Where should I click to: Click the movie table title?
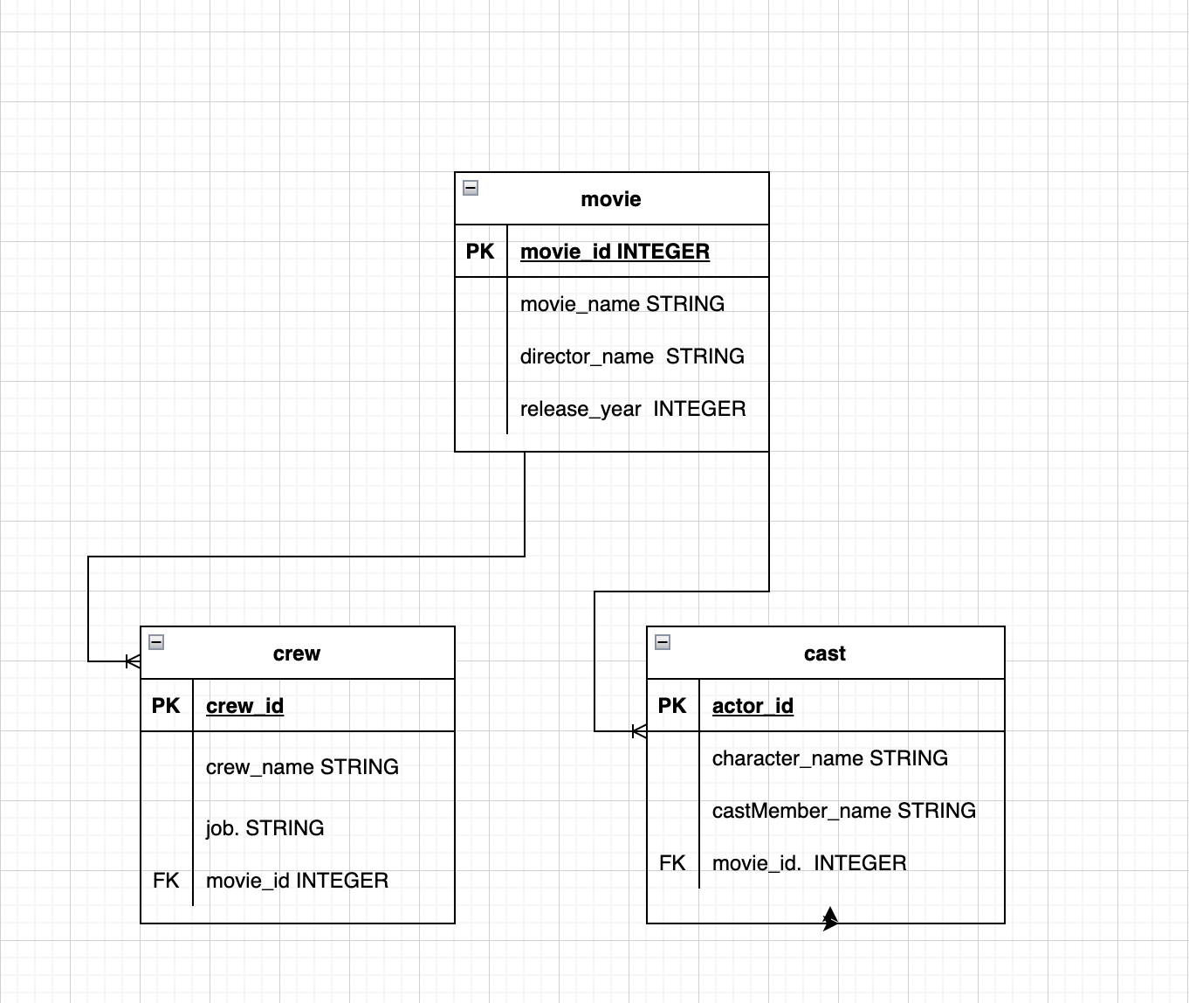610,199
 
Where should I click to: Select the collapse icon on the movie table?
471,188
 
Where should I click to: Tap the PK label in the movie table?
480,252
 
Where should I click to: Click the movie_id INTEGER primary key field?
615,252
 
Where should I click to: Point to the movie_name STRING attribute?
622,304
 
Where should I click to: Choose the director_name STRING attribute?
632,356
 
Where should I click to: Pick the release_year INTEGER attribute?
633,409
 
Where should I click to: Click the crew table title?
296,654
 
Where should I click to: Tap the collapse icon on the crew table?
156,642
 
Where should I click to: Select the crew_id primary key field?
244,706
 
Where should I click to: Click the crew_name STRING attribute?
302,767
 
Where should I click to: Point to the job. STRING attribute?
265,828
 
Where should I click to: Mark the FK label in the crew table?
166,881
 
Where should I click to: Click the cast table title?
824,654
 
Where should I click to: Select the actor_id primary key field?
753,706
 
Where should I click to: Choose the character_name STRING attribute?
829,758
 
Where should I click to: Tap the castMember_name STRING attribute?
843,811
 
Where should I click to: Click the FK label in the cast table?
672,863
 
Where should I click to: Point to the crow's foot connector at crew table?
133,661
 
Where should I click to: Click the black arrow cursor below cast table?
830,918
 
